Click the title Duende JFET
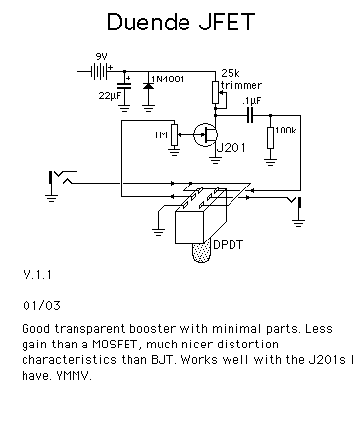[180, 22]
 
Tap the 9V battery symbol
[99, 71]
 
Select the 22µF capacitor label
[110, 96]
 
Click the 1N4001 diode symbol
[148, 86]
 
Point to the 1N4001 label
[168, 79]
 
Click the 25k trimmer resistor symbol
[215, 92]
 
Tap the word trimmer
[241, 85]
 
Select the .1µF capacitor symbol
[250, 116]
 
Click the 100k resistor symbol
[270, 138]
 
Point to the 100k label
[285, 131]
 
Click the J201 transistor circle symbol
[205, 134]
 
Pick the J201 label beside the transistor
[231, 148]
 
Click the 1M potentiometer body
[175, 134]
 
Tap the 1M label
[161, 134]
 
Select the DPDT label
[228, 244]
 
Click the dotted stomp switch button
[201, 252]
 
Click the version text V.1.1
[37, 274]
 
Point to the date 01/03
[41, 306]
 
